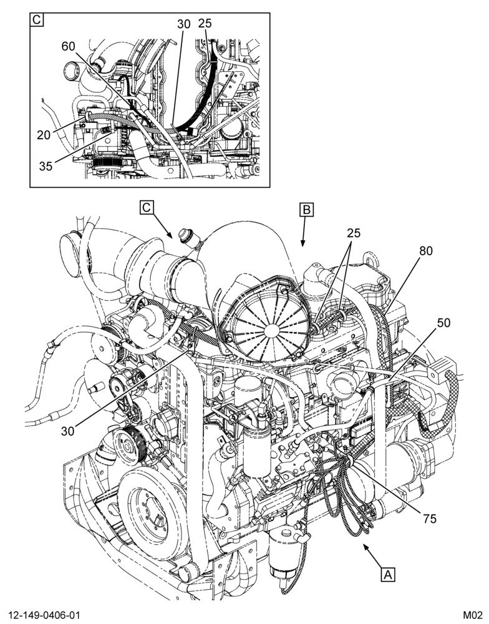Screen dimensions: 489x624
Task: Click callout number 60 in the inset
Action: point(68,47)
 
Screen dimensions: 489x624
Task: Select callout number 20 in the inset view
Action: point(44,135)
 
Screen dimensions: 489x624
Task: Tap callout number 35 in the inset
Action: point(46,167)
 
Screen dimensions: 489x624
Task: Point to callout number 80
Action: point(426,251)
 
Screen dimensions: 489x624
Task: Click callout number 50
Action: point(443,323)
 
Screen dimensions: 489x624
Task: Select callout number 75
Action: point(430,519)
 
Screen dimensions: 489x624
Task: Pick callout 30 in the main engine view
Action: point(67,431)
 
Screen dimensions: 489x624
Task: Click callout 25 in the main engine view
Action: point(354,233)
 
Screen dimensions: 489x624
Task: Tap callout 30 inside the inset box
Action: point(184,24)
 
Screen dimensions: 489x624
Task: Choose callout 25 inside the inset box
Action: point(205,23)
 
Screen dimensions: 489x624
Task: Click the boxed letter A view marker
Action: point(388,574)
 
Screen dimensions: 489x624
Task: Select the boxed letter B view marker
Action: point(307,210)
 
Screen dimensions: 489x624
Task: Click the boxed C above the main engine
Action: point(147,208)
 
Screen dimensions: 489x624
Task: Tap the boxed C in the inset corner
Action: point(37,19)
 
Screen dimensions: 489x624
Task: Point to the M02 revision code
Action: point(472,615)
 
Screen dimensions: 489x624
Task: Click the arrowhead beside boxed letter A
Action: point(366,548)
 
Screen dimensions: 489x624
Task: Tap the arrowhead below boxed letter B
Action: point(303,243)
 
